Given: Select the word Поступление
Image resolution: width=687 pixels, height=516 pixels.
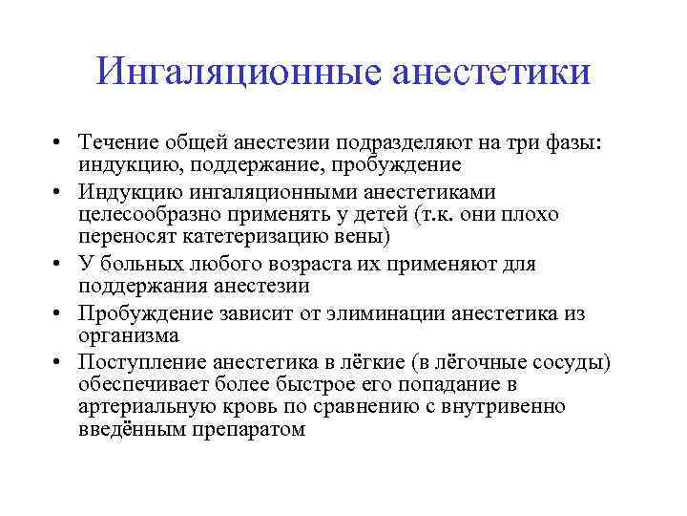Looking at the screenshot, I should pos(144,363).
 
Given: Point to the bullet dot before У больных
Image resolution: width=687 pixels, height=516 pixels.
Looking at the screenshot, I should pos(59,265).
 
